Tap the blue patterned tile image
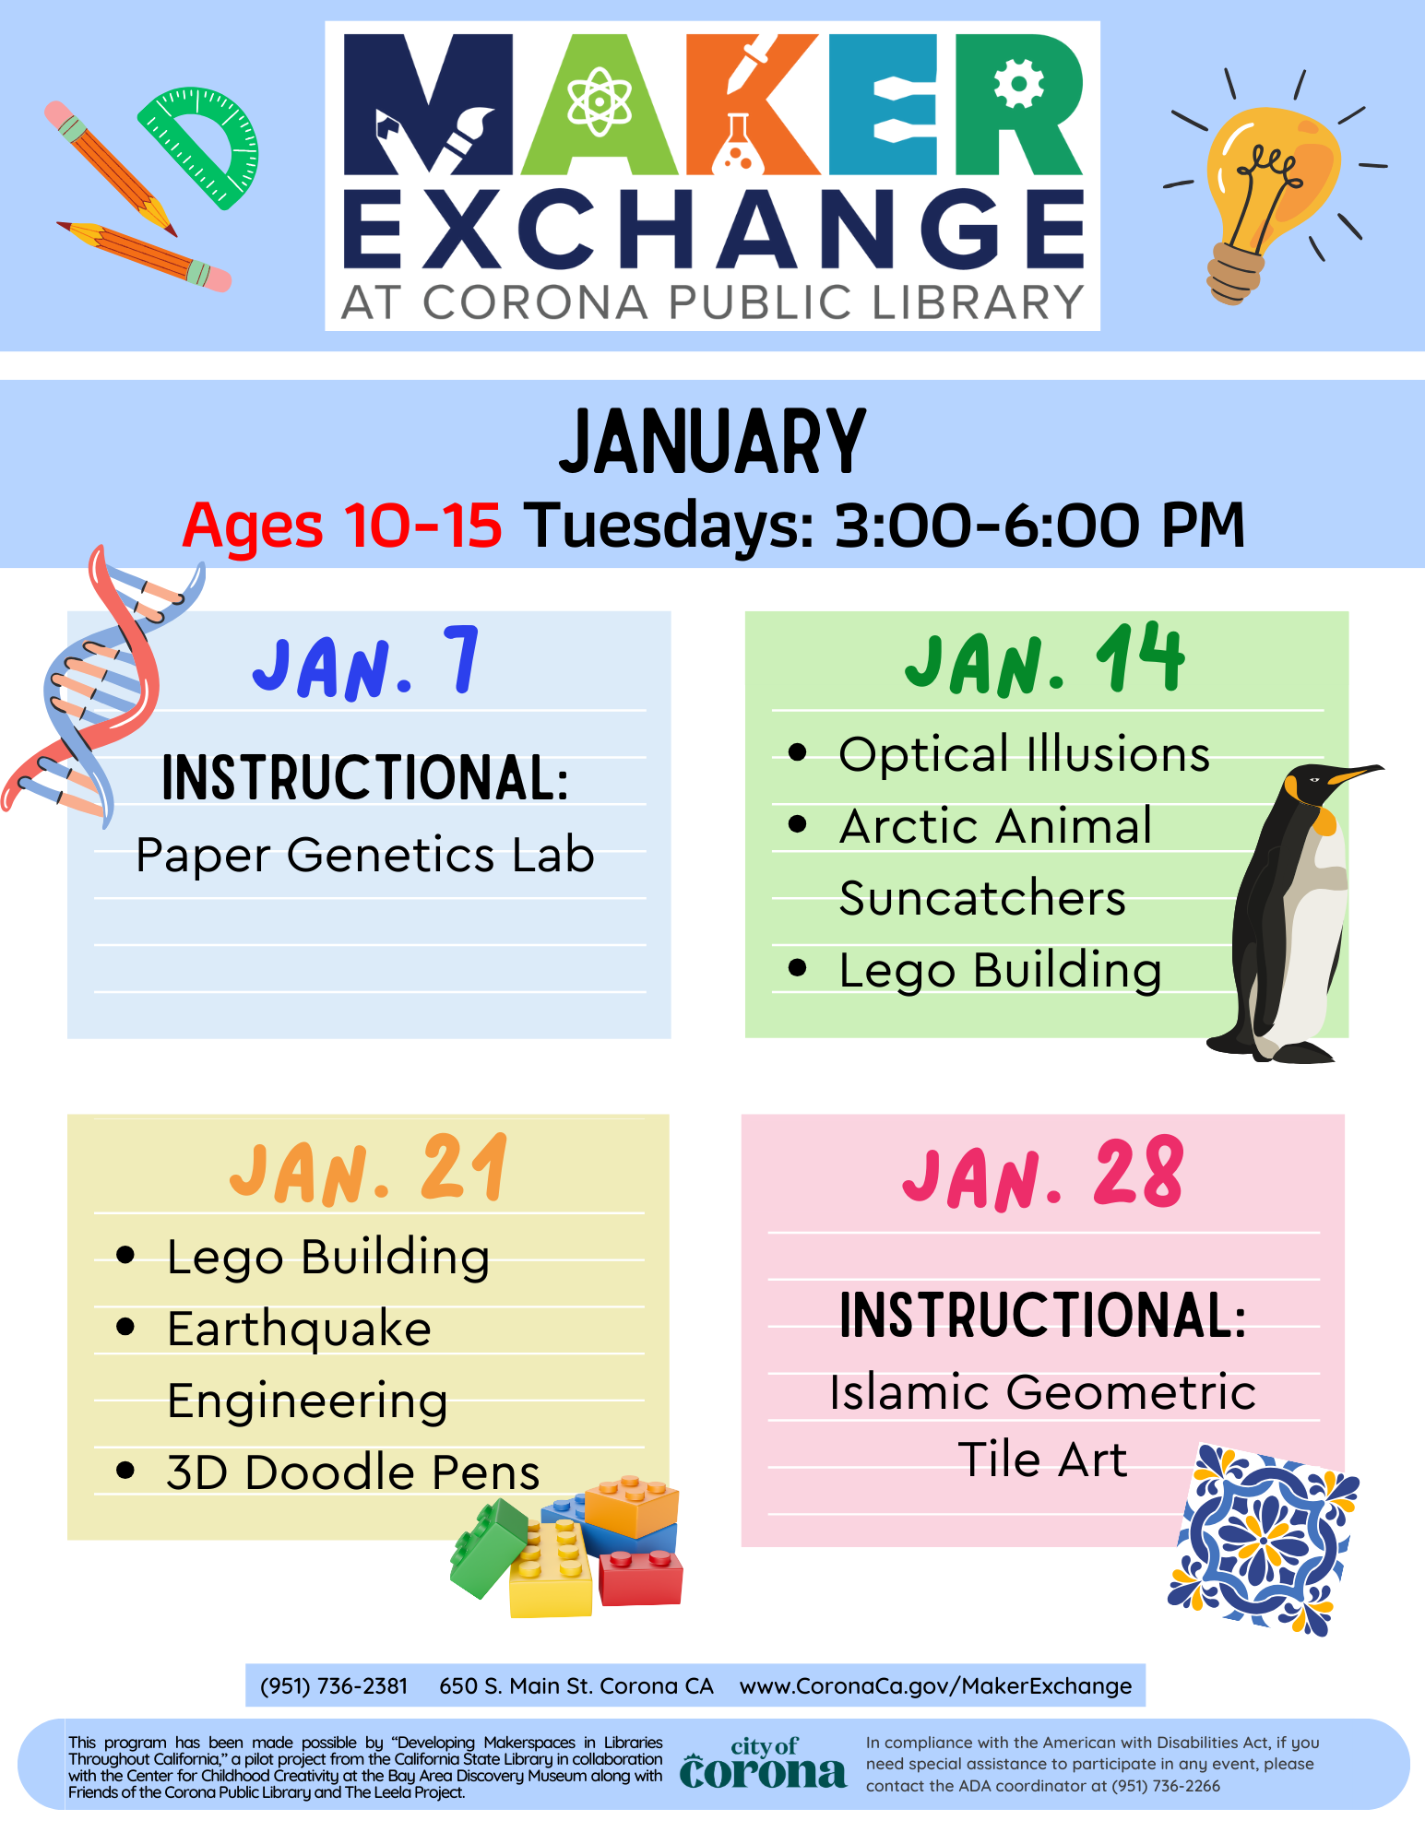tap(1264, 1538)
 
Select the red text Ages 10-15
tap(342, 526)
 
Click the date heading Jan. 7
tap(366, 664)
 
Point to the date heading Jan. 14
tap(1044, 661)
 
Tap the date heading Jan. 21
tap(369, 1171)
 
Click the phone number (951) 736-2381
tap(334, 1686)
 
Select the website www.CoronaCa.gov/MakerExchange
tap(935, 1686)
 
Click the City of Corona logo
tap(763, 1764)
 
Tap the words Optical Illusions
tap(1024, 754)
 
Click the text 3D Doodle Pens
tap(352, 1472)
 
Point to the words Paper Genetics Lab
tap(365, 855)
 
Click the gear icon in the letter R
tap(1019, 83)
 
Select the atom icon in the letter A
tap(600, 101)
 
